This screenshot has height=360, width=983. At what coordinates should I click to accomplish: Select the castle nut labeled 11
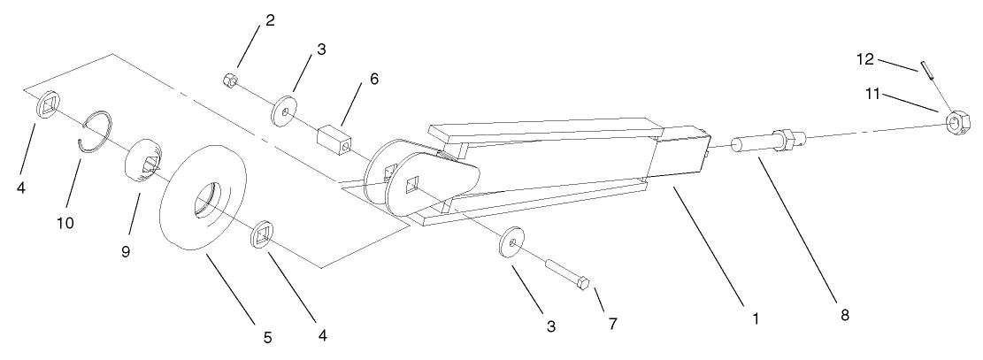pos(955,121)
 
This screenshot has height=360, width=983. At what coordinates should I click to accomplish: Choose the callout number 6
pos(374,79)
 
